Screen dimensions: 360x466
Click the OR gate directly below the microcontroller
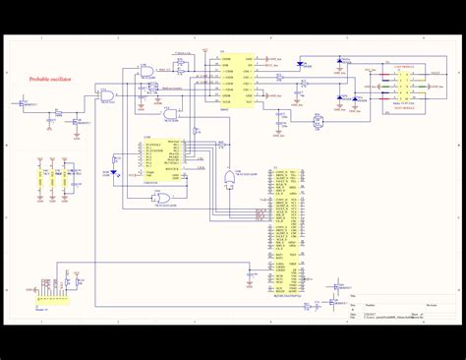pyautogui.click(x=163, y=198)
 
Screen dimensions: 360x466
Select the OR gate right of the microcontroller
pyautogui.click(x=229, y=178)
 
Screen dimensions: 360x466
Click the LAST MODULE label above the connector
pyautogui.click(x=391, y=63)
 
